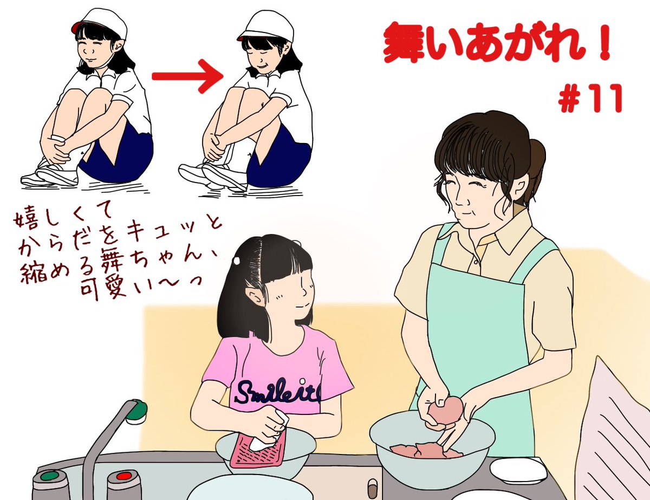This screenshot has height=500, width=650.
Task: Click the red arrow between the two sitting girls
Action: [x=188, y=76]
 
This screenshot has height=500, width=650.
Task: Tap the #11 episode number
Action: [x=590, y=98]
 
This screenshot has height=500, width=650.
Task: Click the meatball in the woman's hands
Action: [x=445, y=410]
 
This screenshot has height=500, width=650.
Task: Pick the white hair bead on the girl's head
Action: [x=237, y=261]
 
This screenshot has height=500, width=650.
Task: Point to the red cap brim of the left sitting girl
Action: [x=76, y=27]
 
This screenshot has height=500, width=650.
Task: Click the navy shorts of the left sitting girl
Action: [x=118, y=155]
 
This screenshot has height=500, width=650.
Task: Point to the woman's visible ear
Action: [x=521, y=186]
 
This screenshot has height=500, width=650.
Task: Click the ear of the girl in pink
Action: [x=253, y=296]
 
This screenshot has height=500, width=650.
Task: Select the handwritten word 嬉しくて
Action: [x=63, y=217]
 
